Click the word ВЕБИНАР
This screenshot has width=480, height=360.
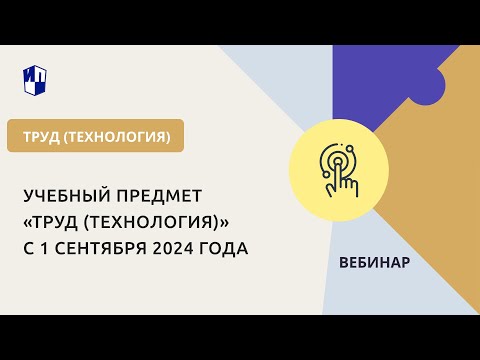coord(375,262)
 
